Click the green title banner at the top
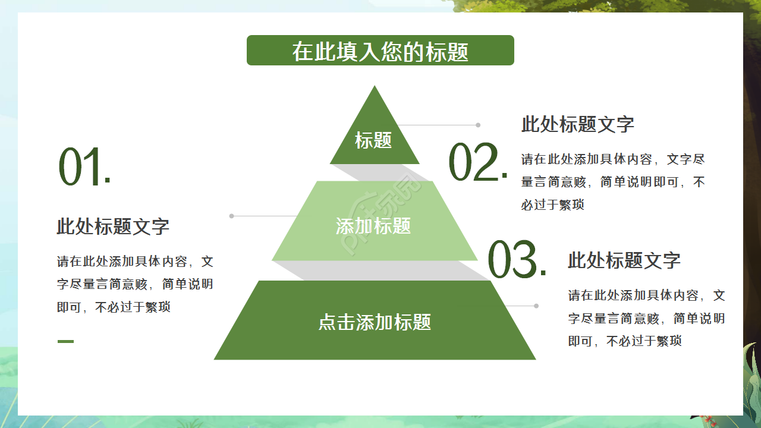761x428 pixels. [380, 51]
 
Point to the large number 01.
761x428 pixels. [84, 168]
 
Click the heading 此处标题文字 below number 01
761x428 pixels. [113, 226]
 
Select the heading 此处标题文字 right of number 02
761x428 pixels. [577, 124]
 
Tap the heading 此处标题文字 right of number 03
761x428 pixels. [624, 260]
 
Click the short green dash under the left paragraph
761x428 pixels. [65, 341]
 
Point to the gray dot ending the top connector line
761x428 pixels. [478, 125]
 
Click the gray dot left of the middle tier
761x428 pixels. [232, 216]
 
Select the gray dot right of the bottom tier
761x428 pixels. [536, 306]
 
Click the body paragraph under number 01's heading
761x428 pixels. [135, 284]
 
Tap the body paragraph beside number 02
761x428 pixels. [612, 182]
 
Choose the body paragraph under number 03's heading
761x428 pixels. [646, 318]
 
